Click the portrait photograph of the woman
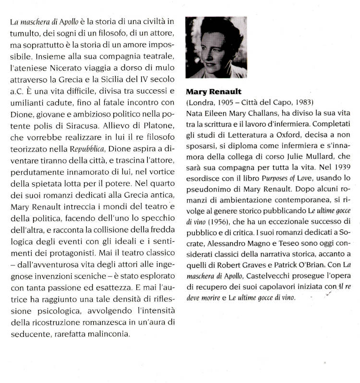click(216, 47)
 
